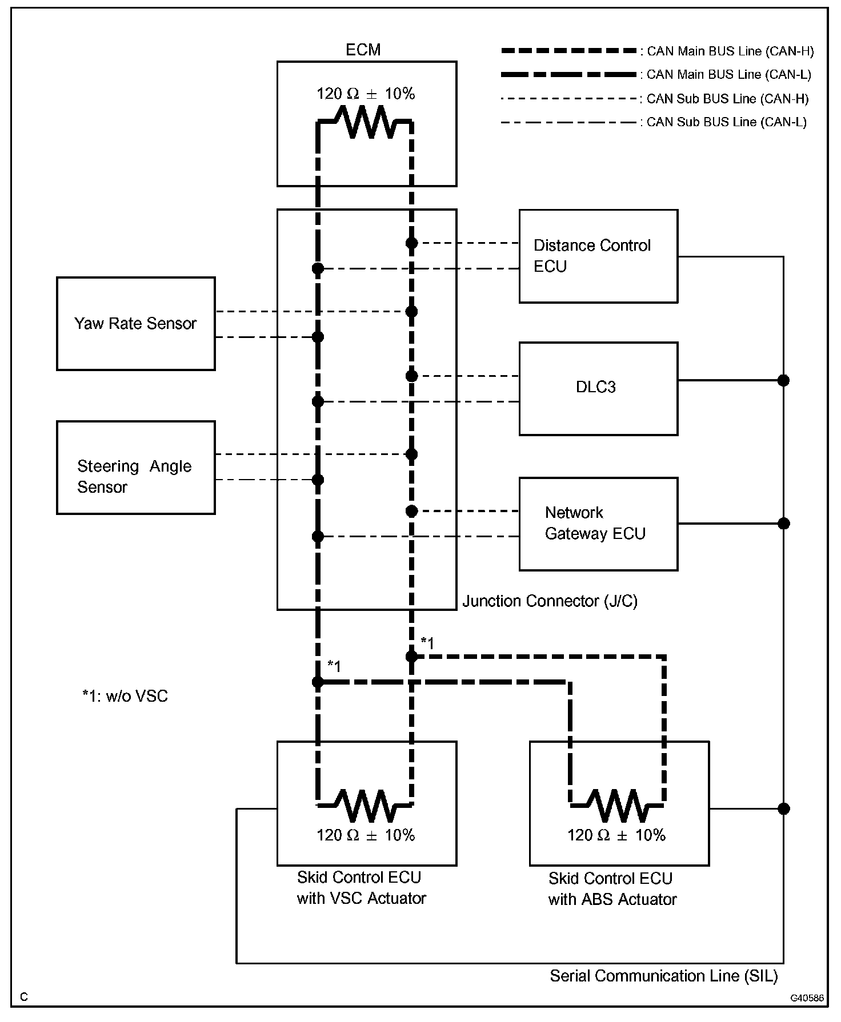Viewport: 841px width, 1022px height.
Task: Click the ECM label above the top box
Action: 363,50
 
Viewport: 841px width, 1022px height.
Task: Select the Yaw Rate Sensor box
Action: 135,324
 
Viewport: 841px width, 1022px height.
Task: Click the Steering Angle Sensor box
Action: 135,468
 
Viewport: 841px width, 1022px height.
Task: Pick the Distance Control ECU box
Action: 598,256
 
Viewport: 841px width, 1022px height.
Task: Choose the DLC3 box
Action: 598,388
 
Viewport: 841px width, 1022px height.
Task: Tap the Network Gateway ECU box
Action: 598,524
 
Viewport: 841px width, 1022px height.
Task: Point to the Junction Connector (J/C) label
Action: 550,601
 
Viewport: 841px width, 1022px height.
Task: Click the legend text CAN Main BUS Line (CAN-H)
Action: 730,51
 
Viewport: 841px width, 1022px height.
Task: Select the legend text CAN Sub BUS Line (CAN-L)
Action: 726,122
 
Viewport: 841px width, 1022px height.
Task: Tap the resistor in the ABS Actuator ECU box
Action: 617,805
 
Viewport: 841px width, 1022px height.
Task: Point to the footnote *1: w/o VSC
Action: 125,696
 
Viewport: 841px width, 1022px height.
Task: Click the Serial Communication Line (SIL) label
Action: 663,976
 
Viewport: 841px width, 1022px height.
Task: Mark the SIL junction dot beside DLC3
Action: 783,380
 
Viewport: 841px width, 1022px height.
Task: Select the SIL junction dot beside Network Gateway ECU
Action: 783,524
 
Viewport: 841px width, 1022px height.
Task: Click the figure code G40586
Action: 807,998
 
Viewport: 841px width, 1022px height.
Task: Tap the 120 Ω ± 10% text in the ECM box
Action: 366,94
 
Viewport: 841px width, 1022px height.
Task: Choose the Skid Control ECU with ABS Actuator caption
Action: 612,889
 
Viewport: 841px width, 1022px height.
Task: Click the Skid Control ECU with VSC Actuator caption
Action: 361,888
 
